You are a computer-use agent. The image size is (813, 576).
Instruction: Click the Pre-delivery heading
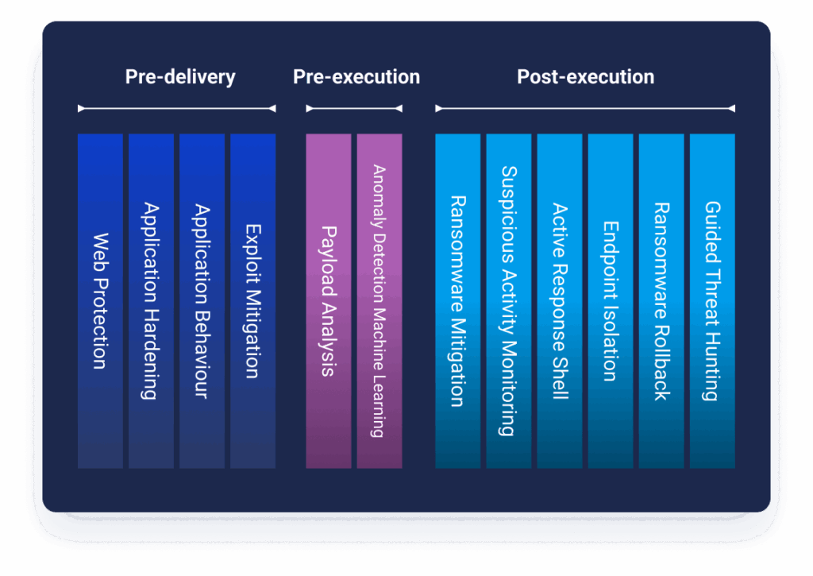pos(180,77)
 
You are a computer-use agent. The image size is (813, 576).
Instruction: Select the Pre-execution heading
pos(356,77)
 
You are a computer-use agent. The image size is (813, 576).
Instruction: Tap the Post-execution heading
pos(585,77)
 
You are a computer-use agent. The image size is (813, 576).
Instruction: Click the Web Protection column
pos(100,301)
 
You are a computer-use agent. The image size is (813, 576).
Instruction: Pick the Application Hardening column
pos(151,301)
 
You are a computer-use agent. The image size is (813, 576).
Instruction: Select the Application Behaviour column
pos(202,301)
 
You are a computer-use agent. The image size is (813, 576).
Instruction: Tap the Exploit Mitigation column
pos(252,301)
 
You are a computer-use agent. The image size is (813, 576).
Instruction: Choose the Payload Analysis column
pos(328,301)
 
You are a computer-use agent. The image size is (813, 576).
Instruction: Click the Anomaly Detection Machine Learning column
pos(380,301)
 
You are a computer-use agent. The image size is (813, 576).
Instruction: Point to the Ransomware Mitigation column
pos(458,301)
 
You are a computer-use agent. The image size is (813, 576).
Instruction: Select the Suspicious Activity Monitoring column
pos(509,301)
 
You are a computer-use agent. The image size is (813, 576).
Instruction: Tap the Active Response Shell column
pos(560,301)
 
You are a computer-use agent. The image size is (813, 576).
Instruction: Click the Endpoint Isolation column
pos(611,301)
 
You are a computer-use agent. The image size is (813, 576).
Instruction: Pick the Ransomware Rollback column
pos(661,301)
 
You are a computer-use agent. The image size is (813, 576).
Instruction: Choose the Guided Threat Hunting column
pos(712,301)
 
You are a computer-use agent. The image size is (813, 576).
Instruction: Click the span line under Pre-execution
pos(354,109)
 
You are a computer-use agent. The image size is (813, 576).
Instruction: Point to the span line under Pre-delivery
pos(177,109)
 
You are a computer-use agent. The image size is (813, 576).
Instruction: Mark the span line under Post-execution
pos(585,109)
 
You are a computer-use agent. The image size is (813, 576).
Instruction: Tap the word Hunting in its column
pos(713,366)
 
